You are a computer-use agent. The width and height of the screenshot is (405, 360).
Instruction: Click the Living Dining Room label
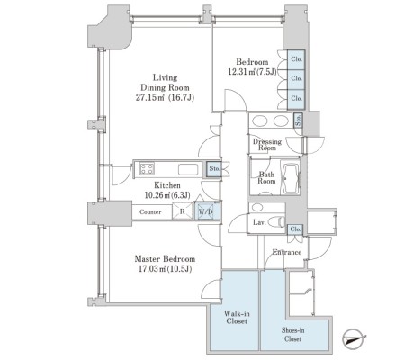point(165,83)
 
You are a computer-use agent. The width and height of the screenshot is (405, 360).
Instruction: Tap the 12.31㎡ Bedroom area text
point(252,72)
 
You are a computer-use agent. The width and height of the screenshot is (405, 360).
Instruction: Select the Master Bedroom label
point(165,258)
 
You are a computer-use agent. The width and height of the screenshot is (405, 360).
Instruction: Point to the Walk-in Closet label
point(237,318)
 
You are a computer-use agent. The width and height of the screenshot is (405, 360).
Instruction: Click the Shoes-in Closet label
point(292,335)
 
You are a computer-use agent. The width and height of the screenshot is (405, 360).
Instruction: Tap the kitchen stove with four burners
point(147,168)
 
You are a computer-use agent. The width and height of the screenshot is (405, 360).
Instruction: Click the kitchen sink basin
point(188,169)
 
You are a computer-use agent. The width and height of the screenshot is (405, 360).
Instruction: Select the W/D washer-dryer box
point(206,211)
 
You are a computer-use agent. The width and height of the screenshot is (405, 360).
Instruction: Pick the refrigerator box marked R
point(182,211)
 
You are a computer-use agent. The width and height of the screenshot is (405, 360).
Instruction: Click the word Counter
point(150,212)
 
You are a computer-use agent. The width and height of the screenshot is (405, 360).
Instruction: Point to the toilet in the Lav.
point(276,222)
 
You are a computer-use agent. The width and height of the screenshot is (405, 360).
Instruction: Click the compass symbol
point(353,338)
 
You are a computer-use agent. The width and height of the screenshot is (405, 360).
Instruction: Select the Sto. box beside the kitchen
point(214,169)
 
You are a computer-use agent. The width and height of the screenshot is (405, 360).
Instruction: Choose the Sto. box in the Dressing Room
point(298,121)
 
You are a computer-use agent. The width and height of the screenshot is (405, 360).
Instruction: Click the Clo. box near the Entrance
point(296,229)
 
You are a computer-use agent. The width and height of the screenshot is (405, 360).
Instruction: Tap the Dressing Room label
point(267,144)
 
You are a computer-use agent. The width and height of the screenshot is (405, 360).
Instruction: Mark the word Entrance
point(287,252)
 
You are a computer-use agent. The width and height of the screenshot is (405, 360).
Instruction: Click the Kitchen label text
point(167,185)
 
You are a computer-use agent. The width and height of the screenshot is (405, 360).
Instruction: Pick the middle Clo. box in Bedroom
point(296,78)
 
